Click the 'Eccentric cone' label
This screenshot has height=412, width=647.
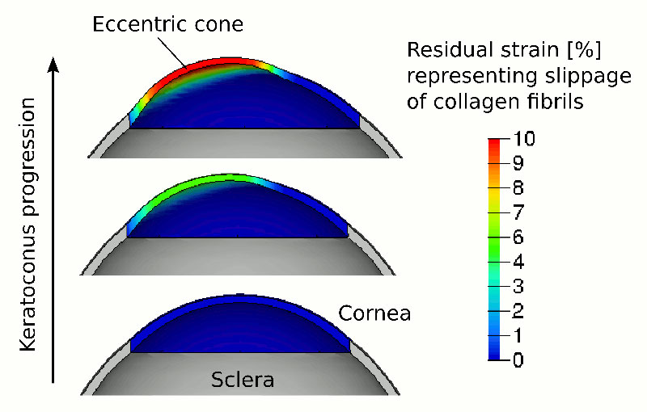point(167,24)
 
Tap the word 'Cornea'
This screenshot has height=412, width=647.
point(374,313)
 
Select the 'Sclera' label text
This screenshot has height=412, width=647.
point(243,380)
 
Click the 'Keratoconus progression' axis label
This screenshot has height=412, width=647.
point(28,225)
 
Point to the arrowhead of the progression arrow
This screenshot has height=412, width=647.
point(53,65)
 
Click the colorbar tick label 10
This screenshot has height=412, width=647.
point(524,139)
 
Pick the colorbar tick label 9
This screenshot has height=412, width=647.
point(518,163)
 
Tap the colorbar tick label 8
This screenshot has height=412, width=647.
point(518,188)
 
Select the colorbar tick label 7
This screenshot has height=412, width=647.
point(518,212)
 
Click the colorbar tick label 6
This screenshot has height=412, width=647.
point(518,238)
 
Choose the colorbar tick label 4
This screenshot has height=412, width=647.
point(518,262)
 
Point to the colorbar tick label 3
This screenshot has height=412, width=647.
point(518,286)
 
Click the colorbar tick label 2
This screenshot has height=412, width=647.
point(518,311)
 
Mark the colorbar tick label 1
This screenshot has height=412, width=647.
point(518,335)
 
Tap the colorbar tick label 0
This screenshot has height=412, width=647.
point(518,360)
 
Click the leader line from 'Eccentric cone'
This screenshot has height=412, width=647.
point(171,51)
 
